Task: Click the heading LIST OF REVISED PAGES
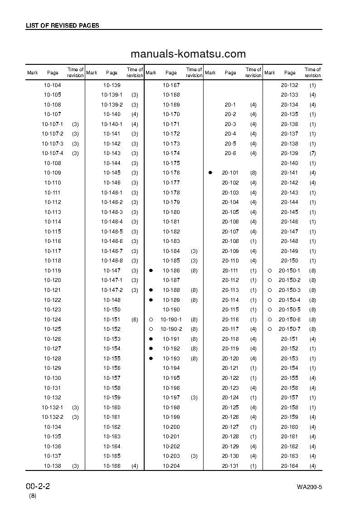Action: [62, 26]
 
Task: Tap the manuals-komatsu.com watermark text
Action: [188, 54]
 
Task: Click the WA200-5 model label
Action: [309, 487]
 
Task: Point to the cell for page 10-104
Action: [53, 85]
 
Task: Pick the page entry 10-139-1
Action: [112, 95]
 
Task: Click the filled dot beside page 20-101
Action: [210, 173]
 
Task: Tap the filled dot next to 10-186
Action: [151, 270]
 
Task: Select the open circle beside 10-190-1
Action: [151, 320]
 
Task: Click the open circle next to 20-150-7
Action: [270, 329]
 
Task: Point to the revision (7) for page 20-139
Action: [313, 153]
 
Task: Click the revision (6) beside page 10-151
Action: [135, 320]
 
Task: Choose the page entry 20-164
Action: [290, 466]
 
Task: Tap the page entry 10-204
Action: [171, 466]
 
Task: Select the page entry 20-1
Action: [230, 105]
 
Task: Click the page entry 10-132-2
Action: [53, 417]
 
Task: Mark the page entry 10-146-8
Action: [112, 261]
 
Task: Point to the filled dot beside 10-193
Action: [151, 358]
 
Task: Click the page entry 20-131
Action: [230, 466]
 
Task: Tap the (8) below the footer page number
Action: [33, 496]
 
